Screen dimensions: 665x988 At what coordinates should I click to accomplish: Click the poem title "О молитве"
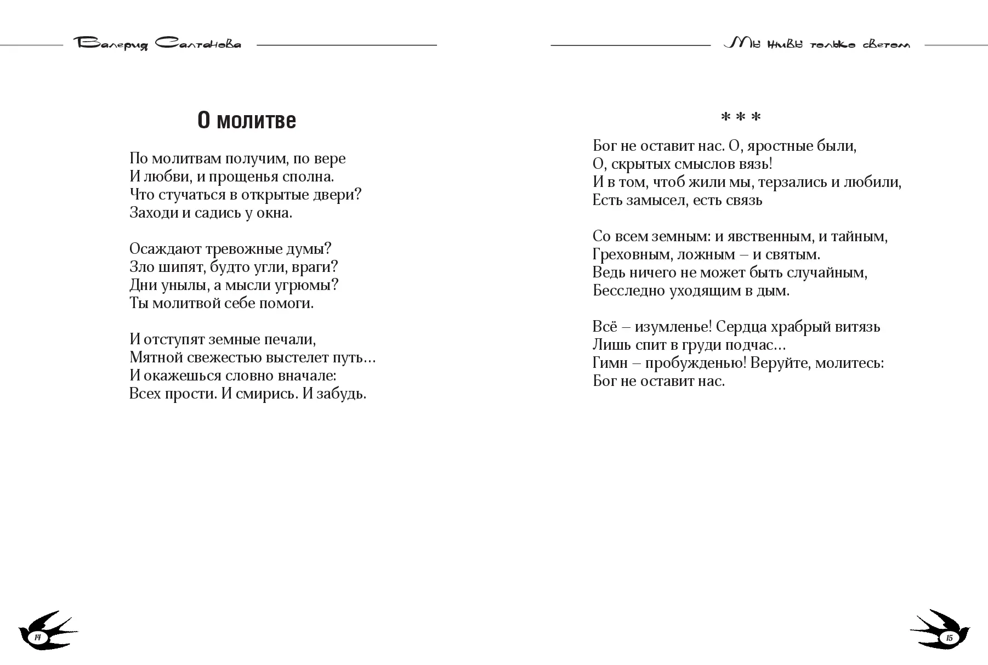pos(246,121)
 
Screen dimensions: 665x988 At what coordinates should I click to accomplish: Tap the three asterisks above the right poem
pos(740,118)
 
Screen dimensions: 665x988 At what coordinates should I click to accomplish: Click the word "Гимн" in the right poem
pos(610,363)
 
